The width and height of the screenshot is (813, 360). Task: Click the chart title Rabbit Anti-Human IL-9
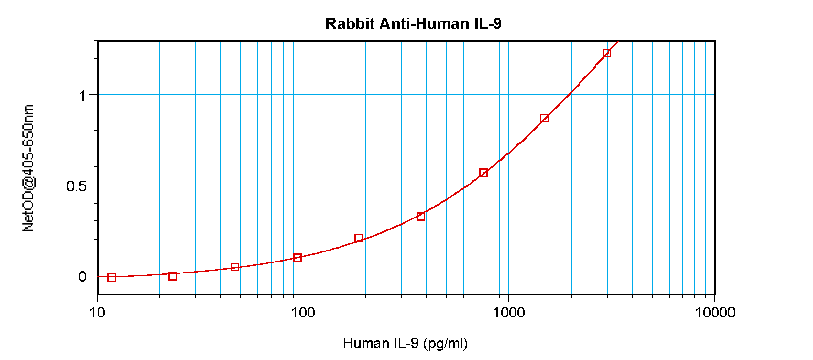(413, 24)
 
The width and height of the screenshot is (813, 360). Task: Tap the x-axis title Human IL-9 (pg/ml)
(405, 343)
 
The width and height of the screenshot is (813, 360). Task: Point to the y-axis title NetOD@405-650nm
(29, 168)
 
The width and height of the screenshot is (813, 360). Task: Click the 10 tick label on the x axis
(97, 313)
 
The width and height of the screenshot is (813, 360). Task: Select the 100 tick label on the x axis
(303, 313)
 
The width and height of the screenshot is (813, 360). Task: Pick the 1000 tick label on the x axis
(509, 313)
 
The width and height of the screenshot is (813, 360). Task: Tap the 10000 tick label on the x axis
(715, 313)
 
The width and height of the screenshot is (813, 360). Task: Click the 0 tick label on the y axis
(83, 276)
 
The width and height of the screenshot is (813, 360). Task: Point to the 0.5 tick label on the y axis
(77, 186)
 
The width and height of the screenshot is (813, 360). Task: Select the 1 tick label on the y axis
(83, 96)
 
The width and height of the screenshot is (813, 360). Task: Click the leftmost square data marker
(111, 278)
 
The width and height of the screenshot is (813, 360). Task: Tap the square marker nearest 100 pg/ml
(297, 258)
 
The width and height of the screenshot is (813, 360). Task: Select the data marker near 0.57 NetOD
(483, 173)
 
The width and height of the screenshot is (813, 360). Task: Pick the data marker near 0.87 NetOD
(545, 119)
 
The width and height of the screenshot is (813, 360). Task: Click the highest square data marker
(607, 53)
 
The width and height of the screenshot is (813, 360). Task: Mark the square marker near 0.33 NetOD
(421, 217)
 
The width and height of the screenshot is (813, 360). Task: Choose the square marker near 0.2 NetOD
(359, 238)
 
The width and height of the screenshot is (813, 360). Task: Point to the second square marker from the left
(173, 276)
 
